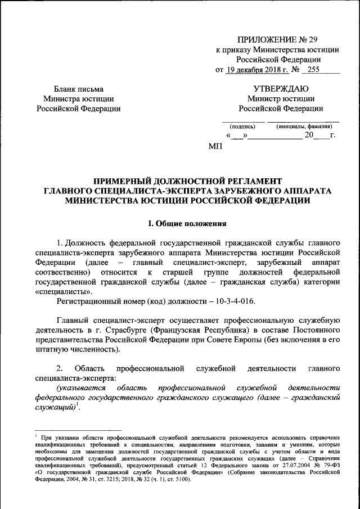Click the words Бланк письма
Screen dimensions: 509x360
[x=78, y=88]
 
